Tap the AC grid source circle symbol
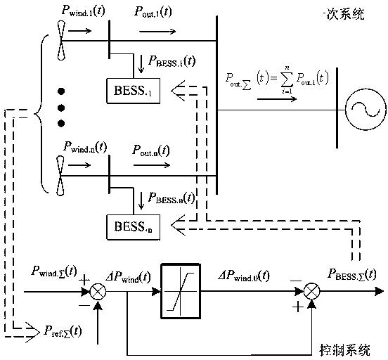[363, 110]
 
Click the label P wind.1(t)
[89, 12]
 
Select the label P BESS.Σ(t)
[349, 272]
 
